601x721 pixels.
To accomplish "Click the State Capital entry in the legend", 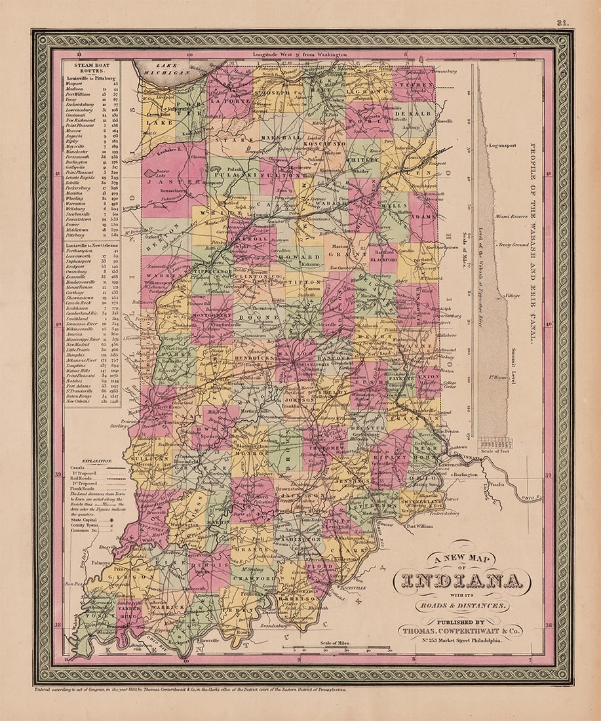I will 83,518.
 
